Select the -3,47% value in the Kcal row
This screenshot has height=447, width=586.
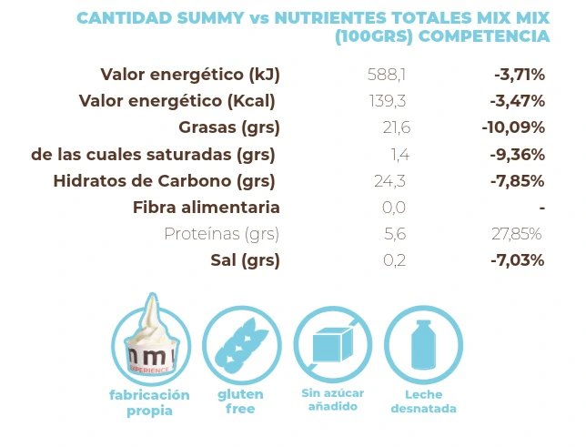(x=517, y=101)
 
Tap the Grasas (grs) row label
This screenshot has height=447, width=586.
(x=229, y=127)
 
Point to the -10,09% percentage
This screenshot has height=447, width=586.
(x=513, y=127)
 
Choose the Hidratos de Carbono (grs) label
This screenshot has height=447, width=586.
(x=165, y=180)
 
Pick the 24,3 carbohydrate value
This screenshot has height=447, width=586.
(x=389, y=180)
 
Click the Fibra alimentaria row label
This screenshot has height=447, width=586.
(x=207, y=208)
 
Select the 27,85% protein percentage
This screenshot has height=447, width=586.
(x=518, y=234)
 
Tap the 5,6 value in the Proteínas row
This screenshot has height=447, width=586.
(x=394, y=234)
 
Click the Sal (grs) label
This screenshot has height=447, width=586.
(x=246, y=260)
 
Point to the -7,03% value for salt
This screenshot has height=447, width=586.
(x=517, y=260)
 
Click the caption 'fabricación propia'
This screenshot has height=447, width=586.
(x=149, y=402)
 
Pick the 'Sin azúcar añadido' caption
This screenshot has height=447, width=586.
(x=332, y=400)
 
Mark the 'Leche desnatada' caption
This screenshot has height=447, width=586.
(x=423, y=401)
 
